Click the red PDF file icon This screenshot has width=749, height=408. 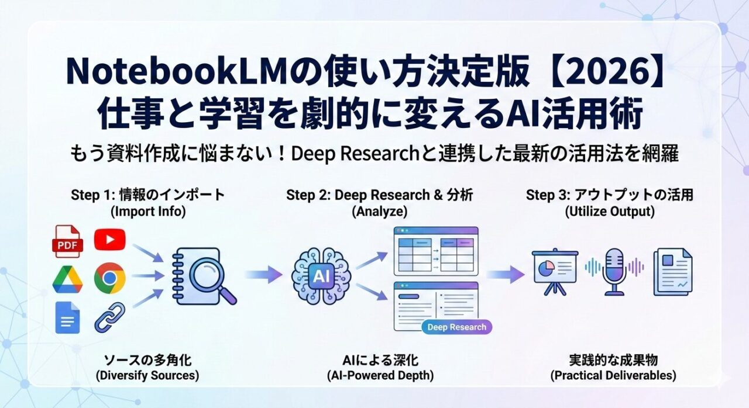click(67, 240)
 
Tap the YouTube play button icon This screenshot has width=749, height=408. click(109, 238)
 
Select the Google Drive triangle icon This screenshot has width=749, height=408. click(67, 279)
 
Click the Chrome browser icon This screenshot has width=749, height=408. click(109, 278)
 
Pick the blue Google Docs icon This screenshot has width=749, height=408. click(67, 317)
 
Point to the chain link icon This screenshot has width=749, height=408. click(109, 317)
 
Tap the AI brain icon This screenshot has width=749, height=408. click(321, 275)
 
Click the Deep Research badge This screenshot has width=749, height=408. click(456, 327)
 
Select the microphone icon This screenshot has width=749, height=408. click(614, 269)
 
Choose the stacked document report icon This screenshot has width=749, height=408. click(672, 271)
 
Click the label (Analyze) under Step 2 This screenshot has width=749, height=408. click(380, 212)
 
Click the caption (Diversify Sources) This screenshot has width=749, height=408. click(147, 375)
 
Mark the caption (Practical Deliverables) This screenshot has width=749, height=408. click(613, 375)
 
